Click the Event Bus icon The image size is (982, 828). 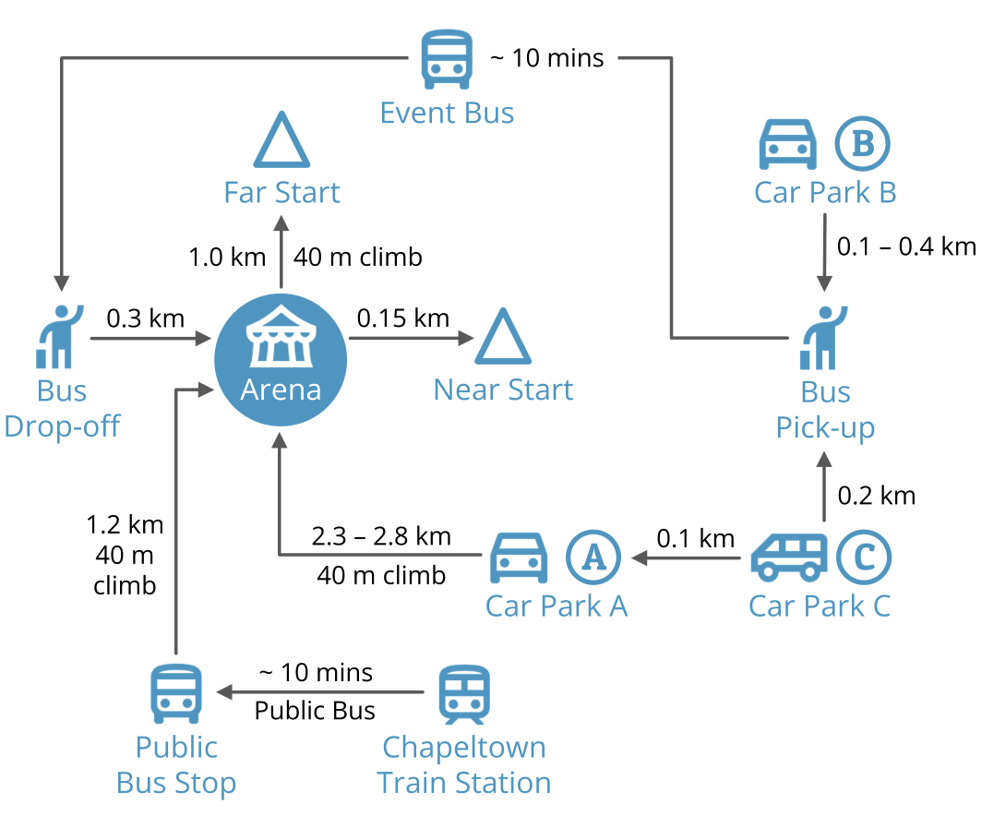click(x=447, y=58)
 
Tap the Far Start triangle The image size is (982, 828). click(x=281, y=140)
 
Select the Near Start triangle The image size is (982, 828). click(x=503, y=337)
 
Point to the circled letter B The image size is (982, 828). click(x=862, y=144)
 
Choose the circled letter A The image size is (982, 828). click(x=593, y=557)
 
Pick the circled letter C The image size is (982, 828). click(x=864, y=557)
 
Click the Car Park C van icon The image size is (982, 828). click(x=788, y=557)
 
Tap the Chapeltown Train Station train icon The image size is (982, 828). click(x=464, y=694)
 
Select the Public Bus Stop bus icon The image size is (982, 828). click(x=176, y=694)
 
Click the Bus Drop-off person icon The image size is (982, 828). click(x=58, y=336)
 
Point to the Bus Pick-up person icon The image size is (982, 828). click(x=824, y=338)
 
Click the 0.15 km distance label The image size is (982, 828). click(x=403, y=318)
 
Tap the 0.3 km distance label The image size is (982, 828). click(x=146, y=318)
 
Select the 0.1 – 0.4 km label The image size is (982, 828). click(x=905, y=246)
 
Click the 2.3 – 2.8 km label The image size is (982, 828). click(x=381, y=535)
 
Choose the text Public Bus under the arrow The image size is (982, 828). click(x=315, y=710)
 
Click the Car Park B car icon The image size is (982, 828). click(x=787, y=144)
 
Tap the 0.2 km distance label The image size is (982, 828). click(x=876, y=496)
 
